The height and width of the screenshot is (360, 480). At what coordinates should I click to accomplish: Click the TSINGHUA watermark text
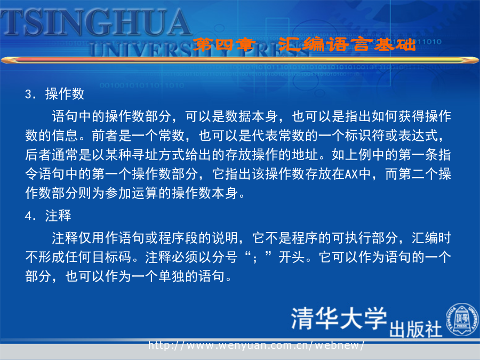(x=95, y=22)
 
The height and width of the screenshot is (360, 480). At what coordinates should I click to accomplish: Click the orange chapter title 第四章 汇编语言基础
(x=304, y=45)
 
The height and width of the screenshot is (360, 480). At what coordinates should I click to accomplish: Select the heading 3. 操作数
(x=54, y=94)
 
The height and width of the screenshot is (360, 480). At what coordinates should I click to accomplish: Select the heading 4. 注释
(x=48, y=215)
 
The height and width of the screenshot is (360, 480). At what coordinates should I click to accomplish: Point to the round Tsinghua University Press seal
(x=462, y=319)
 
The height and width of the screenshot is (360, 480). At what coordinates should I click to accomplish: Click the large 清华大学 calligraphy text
(x=339, y=319)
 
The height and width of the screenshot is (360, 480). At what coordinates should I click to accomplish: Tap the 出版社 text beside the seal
(x=415, y=329)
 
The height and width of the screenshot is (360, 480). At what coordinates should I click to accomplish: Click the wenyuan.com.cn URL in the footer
(x=256, y=345)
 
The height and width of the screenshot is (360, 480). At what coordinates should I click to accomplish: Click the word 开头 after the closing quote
(x=292, y=257)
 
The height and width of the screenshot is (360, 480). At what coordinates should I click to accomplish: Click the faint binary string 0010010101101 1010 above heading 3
(x=142, y=85)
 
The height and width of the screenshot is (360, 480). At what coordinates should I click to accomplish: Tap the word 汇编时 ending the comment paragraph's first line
(x=431, y=238)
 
